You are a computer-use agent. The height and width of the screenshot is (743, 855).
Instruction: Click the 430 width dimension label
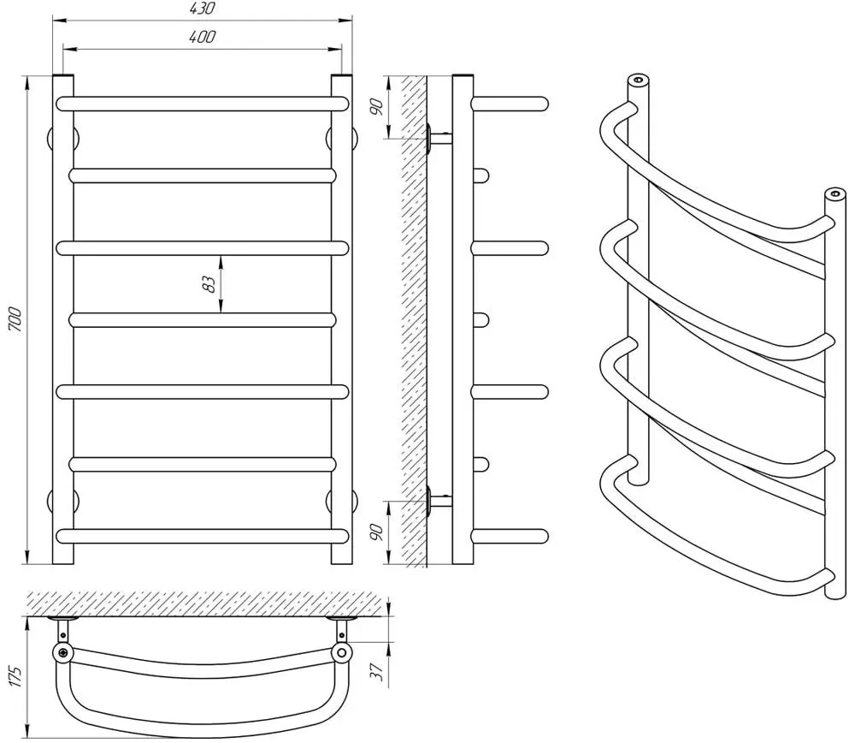[x=203, y=9]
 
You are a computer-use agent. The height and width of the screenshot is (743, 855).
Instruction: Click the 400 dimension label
[x=203, y=37]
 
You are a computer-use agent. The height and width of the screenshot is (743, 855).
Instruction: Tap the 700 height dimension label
[x=15, y=320]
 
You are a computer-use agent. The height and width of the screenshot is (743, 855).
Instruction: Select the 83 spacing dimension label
[x=209, y=284]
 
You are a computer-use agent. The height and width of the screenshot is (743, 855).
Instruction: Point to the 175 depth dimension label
[x=15, y=676]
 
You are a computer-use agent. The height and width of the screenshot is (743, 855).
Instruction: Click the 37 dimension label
[x=377, y=669]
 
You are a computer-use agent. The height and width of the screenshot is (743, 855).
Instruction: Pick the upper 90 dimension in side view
[x=377, y=107]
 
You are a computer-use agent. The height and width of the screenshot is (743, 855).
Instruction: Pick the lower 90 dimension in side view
[x=377, y=532]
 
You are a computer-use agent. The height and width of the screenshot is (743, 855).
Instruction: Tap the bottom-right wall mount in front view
[x=342, y=500]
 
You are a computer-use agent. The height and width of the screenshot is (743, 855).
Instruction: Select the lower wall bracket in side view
[x=439, y=500]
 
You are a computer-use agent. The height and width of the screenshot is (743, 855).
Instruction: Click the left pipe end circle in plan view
[x=64, y=652]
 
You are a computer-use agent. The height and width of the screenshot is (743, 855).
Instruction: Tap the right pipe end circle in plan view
[x=342, y=652]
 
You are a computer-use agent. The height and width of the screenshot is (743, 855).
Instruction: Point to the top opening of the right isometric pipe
[x=834, y=193]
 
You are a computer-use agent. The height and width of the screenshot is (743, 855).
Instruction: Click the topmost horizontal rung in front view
[x=203, y=104]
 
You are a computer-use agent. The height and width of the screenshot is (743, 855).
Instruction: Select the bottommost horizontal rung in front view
[x=203, y=536]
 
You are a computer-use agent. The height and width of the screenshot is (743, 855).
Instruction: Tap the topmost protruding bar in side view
[x=510, y=104]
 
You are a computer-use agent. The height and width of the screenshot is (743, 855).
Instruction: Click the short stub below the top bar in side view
[x=481, y=175]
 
